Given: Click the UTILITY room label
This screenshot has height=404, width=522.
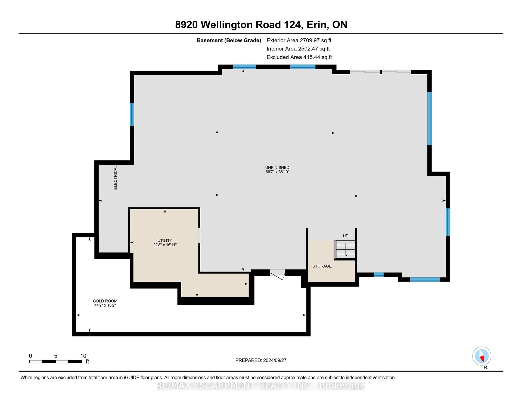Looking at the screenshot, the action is pos(165,240).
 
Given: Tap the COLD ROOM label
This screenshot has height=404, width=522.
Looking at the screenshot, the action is pos(105,301).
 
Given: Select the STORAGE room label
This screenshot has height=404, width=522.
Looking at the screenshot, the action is pos(322,266).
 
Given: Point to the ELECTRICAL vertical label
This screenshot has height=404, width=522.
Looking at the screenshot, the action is pos(115,177).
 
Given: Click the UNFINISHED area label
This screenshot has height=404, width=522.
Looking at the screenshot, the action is pos(277,167).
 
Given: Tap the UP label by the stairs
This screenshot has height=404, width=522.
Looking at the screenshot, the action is pos(346,236).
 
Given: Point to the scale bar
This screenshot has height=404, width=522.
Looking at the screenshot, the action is pos(55,362).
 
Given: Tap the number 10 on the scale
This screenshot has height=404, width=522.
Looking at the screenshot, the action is pos(83,356).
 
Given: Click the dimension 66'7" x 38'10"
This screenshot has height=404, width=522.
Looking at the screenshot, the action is pos(277,172).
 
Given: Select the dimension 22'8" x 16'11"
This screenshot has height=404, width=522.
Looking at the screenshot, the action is pos(165,245).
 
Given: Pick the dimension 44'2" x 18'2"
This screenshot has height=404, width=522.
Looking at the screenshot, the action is pos(105,305).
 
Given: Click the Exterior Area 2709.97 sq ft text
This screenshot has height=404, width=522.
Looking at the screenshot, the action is pos(299,40).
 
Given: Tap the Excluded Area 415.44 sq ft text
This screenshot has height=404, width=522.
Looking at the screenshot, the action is pos(299,57).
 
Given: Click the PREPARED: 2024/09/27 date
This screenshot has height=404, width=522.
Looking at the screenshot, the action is pos(261,360).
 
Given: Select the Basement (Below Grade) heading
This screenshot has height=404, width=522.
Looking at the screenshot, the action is pos(229,40).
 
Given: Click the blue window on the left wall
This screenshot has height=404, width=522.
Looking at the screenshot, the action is pos(132,114).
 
